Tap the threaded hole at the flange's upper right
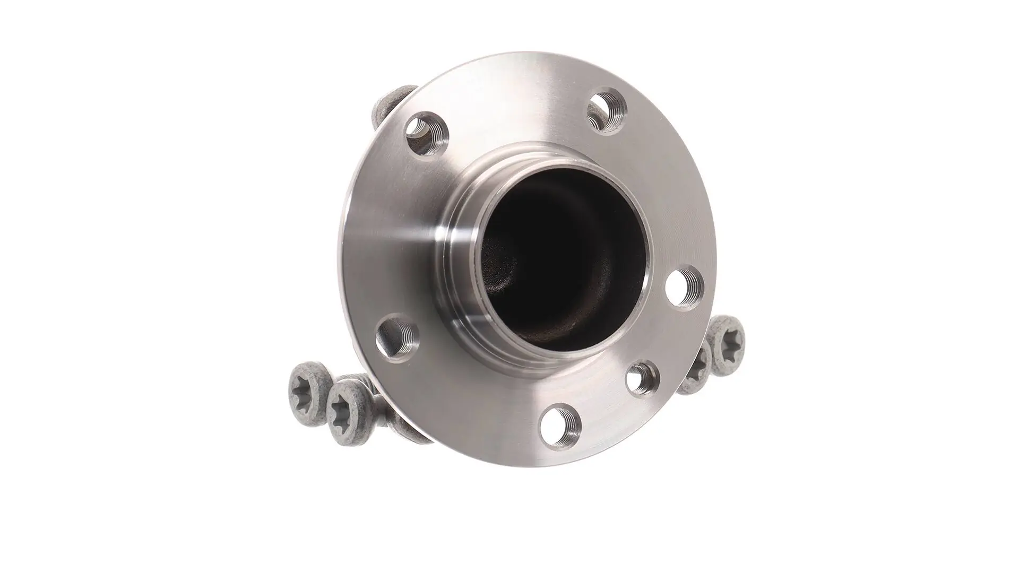click(608, 111)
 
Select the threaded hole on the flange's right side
click(685, 286)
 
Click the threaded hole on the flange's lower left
click(397, 338)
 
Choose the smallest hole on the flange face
click(642, 378)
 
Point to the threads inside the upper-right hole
click(616, 109)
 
